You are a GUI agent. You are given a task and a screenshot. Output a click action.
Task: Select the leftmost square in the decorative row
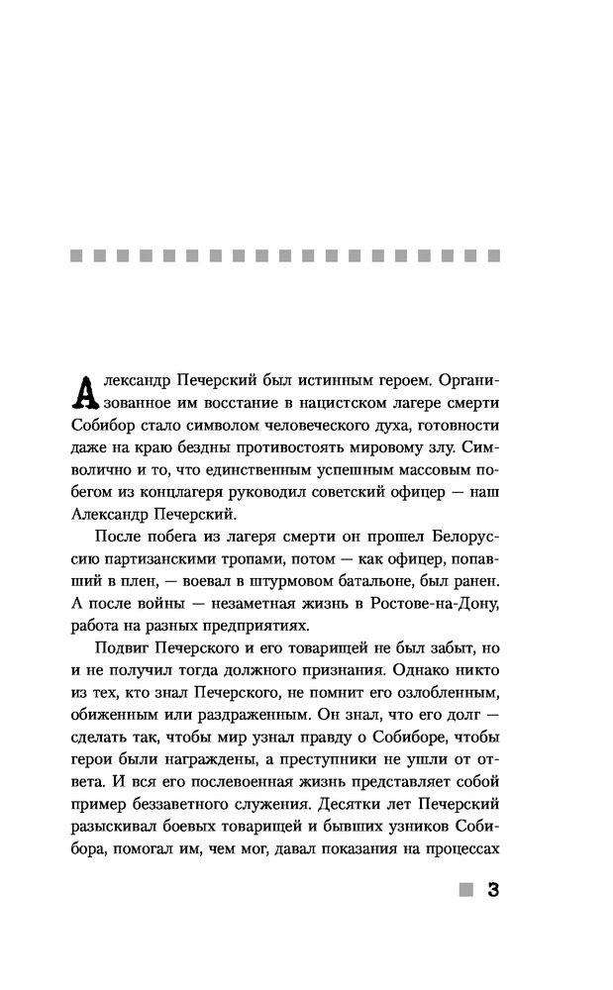pos(76,256)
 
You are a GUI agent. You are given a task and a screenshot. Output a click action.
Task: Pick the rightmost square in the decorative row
pos(495,256)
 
